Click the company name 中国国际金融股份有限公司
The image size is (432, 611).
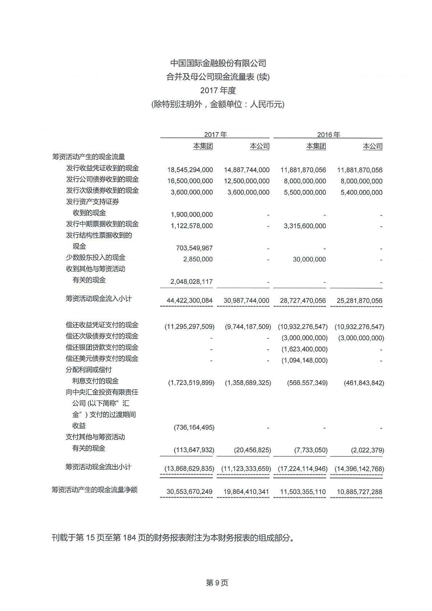pyautogui.click(x=218, y=63)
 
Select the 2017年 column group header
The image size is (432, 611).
pyautogui.click(x=215, y=135)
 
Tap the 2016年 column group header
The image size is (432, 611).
pyautogui.click(x=328, y=135)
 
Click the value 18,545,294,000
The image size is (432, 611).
pyautogui.click(x=190, y=170)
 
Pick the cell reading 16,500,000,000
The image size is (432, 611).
pyautogui.click(x=190, y=181)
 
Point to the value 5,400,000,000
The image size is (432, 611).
pyautogui.click(x=361, y=192)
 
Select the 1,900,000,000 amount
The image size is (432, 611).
pyautogui.click(x=192, y=214)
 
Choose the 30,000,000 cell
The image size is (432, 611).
pyautogui.click(x=309, y=259)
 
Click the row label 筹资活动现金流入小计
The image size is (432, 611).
pyautogui.click(x=99, y=299)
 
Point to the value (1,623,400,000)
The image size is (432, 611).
pyautogui.click(x=305, y=349)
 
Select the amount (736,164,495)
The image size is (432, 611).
pyautogui.click(x=194, y=427)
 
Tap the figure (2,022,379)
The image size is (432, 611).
pyautogui.click(x=367, y=450)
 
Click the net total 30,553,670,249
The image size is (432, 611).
pyautogui.click(x=189, y=492)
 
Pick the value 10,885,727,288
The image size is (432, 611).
pyautogui.click(x=359, y=492)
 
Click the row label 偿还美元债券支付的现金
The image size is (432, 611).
pyautogui.click(x=102, y=358)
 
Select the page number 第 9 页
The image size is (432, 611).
pyautogui.click(x=217, y=583)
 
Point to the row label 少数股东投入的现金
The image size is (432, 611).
pyautogui.click(x=95, y=258)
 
